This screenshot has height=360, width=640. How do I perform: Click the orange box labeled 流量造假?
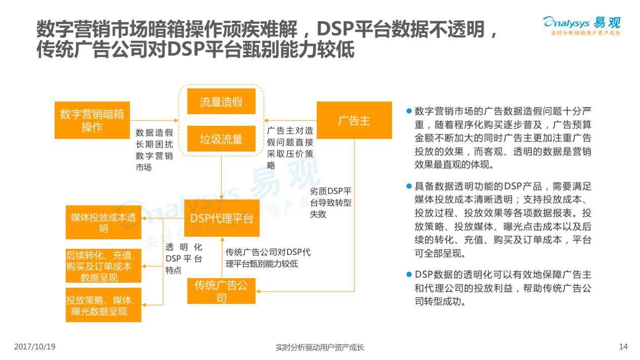tap(221, 102)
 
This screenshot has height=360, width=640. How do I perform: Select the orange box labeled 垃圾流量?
tap(221, 139)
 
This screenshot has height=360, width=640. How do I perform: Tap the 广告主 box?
tap(354, 120)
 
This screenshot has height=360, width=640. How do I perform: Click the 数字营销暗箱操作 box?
tap(92, 120)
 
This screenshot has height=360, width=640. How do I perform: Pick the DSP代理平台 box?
tap(222, 218)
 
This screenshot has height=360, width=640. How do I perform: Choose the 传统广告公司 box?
tap(221, 291)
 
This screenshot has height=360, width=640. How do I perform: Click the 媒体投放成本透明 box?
tap(103, 222)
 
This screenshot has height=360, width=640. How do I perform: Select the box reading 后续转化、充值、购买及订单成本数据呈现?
tap(103, 266)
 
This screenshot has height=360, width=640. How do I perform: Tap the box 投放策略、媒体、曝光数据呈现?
tap(103, 305)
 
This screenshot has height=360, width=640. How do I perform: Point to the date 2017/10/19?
tap(35, 347)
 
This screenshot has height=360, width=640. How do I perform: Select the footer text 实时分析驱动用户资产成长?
tap(320, 347)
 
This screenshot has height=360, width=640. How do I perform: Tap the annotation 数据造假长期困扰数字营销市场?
tap(154, 150)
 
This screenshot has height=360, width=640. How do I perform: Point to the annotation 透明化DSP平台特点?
tap(184, 258)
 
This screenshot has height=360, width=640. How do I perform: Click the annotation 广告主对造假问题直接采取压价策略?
tap(290, 147)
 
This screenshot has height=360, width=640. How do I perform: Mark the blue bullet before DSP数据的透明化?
tap(409, 274)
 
